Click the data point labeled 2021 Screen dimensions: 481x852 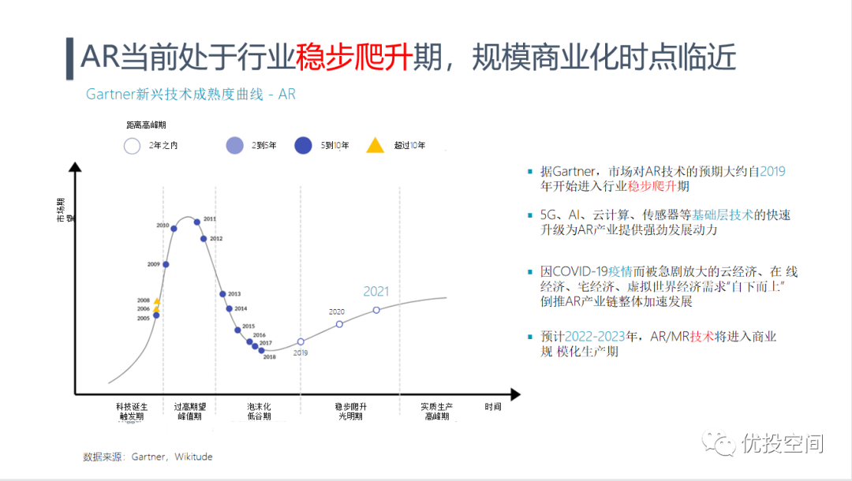coord(376,310)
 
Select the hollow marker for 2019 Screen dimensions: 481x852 coord(301,341)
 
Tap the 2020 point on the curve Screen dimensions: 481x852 coord(339,324)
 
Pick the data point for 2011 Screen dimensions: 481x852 coord(197,222)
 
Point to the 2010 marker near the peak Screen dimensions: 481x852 coord(174,229)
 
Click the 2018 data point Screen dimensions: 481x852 coord(262,349)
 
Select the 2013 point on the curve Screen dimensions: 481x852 coord(222,294)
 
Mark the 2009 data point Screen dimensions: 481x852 coord(166,264)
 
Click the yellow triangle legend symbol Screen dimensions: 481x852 coord(376,145)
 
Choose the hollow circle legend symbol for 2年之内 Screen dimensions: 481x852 coord(132,146)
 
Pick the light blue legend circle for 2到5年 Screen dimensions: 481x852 coord(234,146)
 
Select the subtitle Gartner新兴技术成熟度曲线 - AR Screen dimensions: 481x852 coord(190,95)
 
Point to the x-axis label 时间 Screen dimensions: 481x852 coord(493,407)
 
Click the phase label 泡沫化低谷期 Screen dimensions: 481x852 coord(259,412)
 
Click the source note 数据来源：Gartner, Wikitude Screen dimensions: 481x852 coord(148,457)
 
